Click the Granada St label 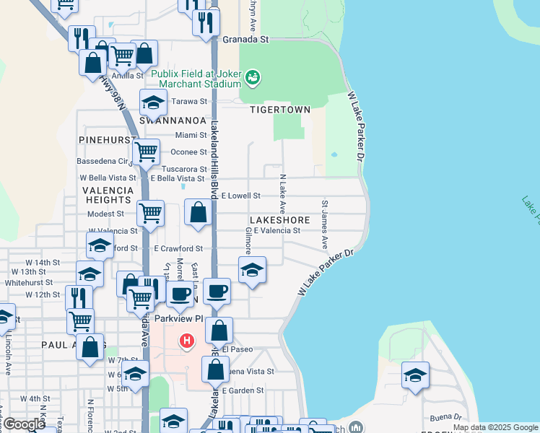(x=245, y=40)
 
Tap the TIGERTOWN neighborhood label (x=280, y=110)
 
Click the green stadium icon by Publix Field (x=252, y=76)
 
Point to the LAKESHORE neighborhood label (x=280, y=219)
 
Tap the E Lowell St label (x=240, y=196)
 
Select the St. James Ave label (x=325, y=225)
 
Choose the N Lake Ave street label (x=283, y=193)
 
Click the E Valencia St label (x=276, y=231)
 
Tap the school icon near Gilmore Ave (x=251, y=271)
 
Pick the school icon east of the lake (x=415, y=375)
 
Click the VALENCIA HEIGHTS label (x=108, y=195)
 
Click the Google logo (x=23, y=425)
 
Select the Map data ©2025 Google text (x=496, y=427)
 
